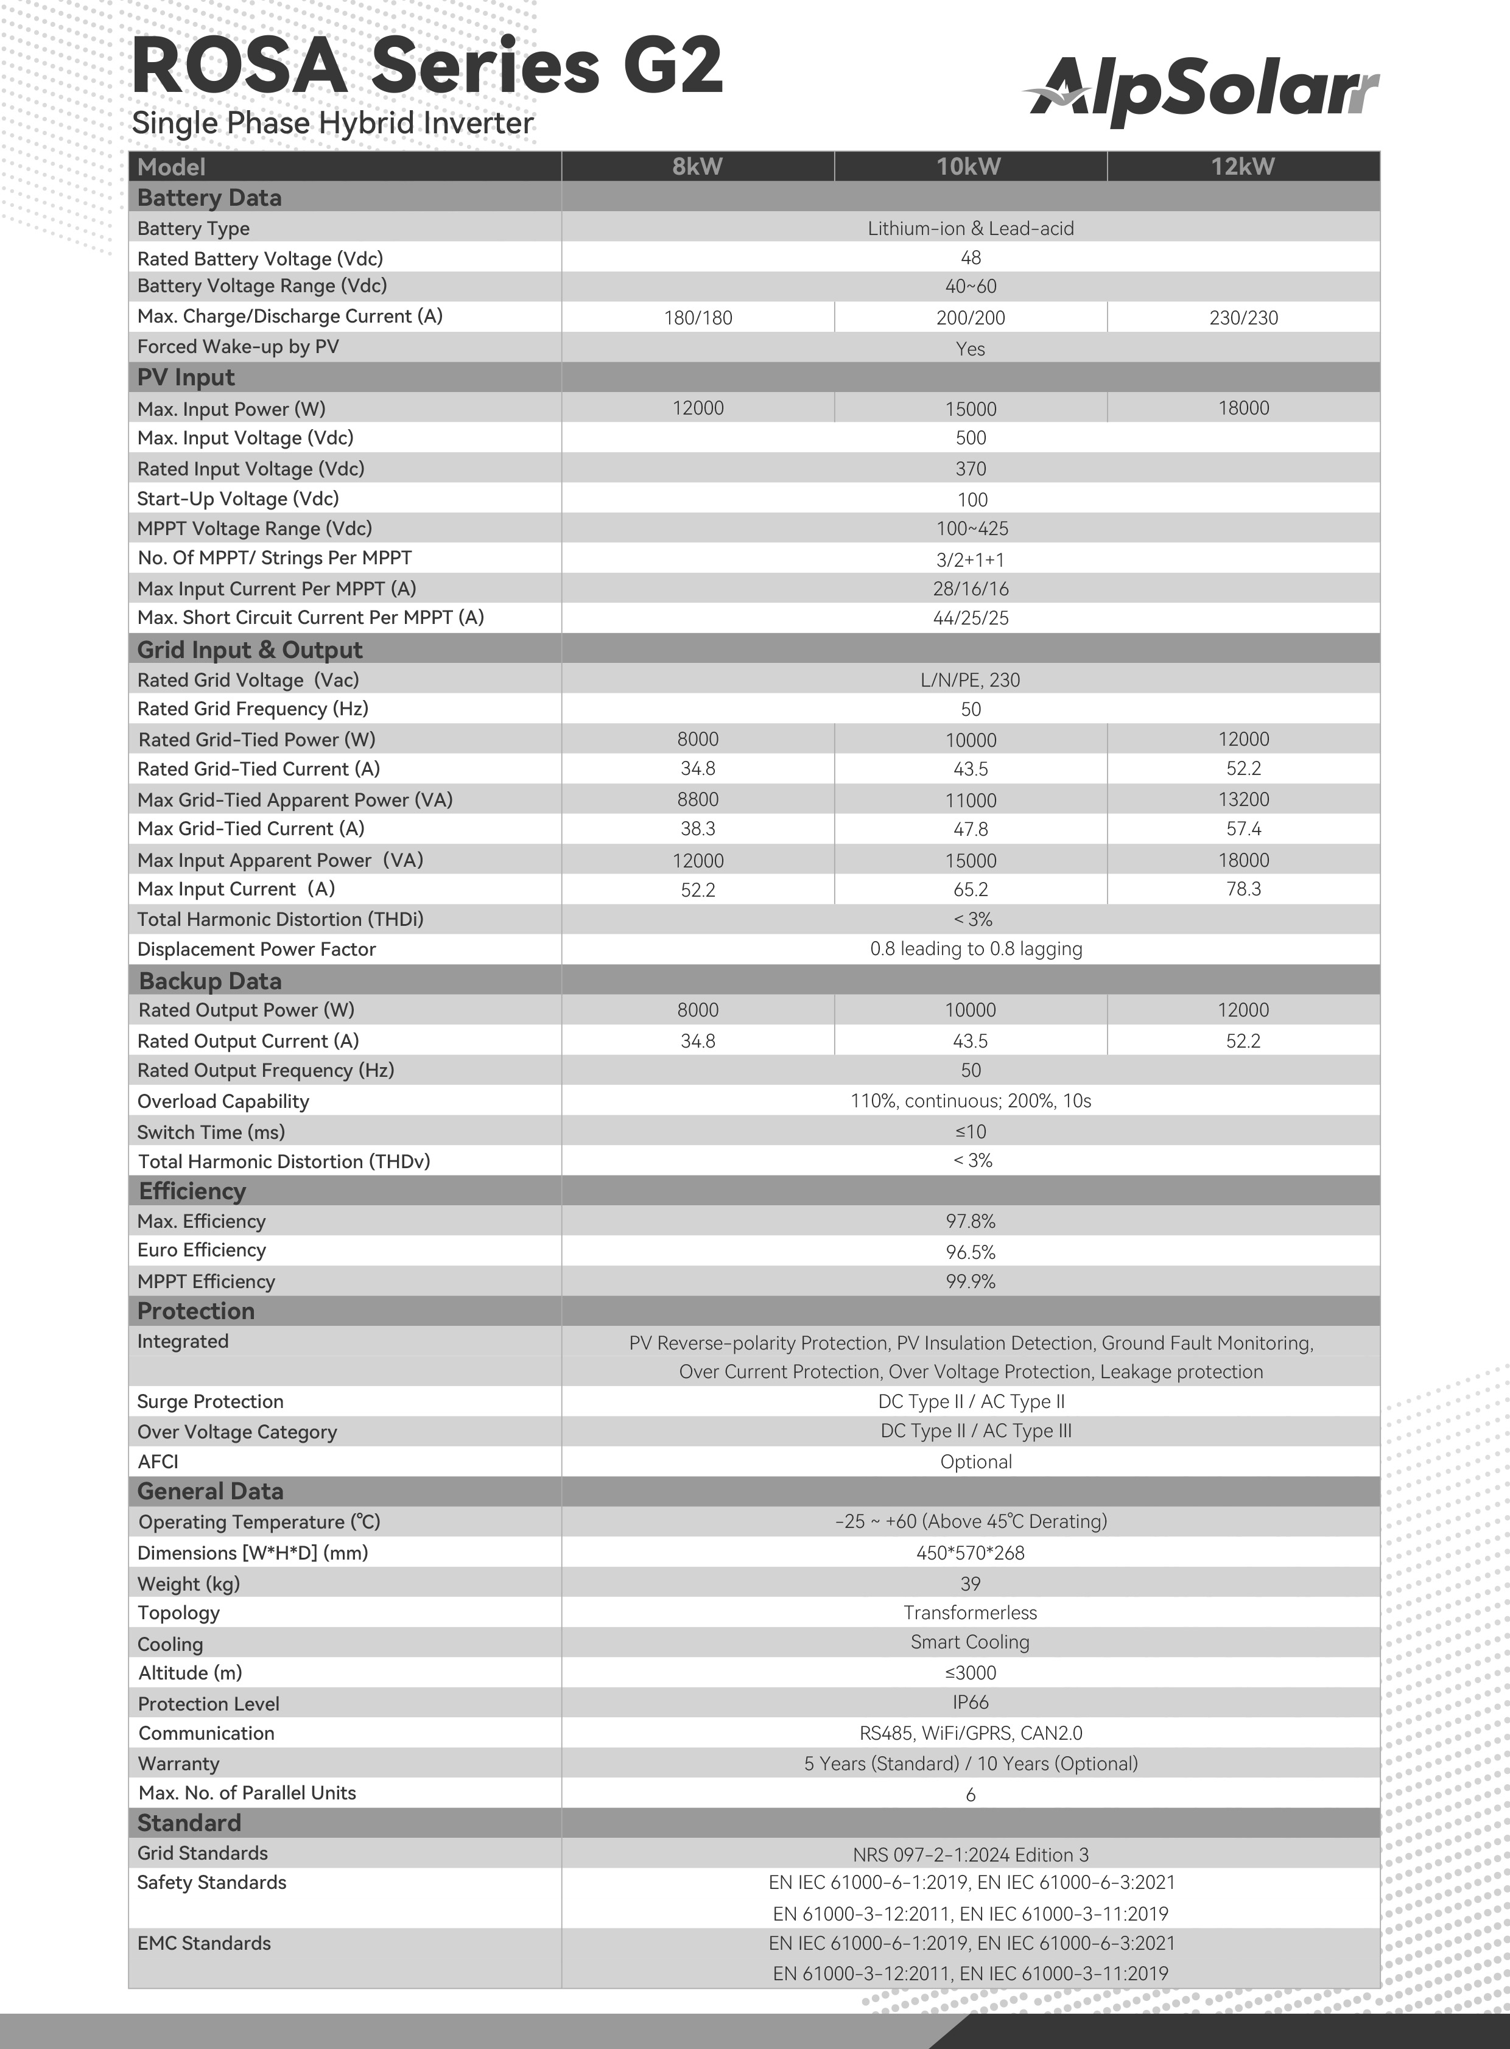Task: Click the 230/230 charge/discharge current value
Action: pos(1243,318)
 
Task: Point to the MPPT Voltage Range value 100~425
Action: pos(971,528)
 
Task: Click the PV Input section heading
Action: pos(186,377)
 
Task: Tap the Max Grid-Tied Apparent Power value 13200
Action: pos(1243,799)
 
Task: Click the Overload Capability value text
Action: pos(971,1101)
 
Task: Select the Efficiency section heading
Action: pos(192,1191)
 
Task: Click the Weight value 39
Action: pos(971,1583)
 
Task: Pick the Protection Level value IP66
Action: pos(971,1701)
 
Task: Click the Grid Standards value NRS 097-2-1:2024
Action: pos(971,1854)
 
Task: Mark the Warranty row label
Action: pos(178,1763)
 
